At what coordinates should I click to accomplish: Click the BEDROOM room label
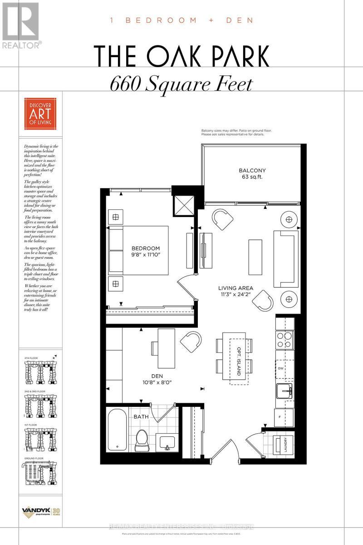tap(146, 248)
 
